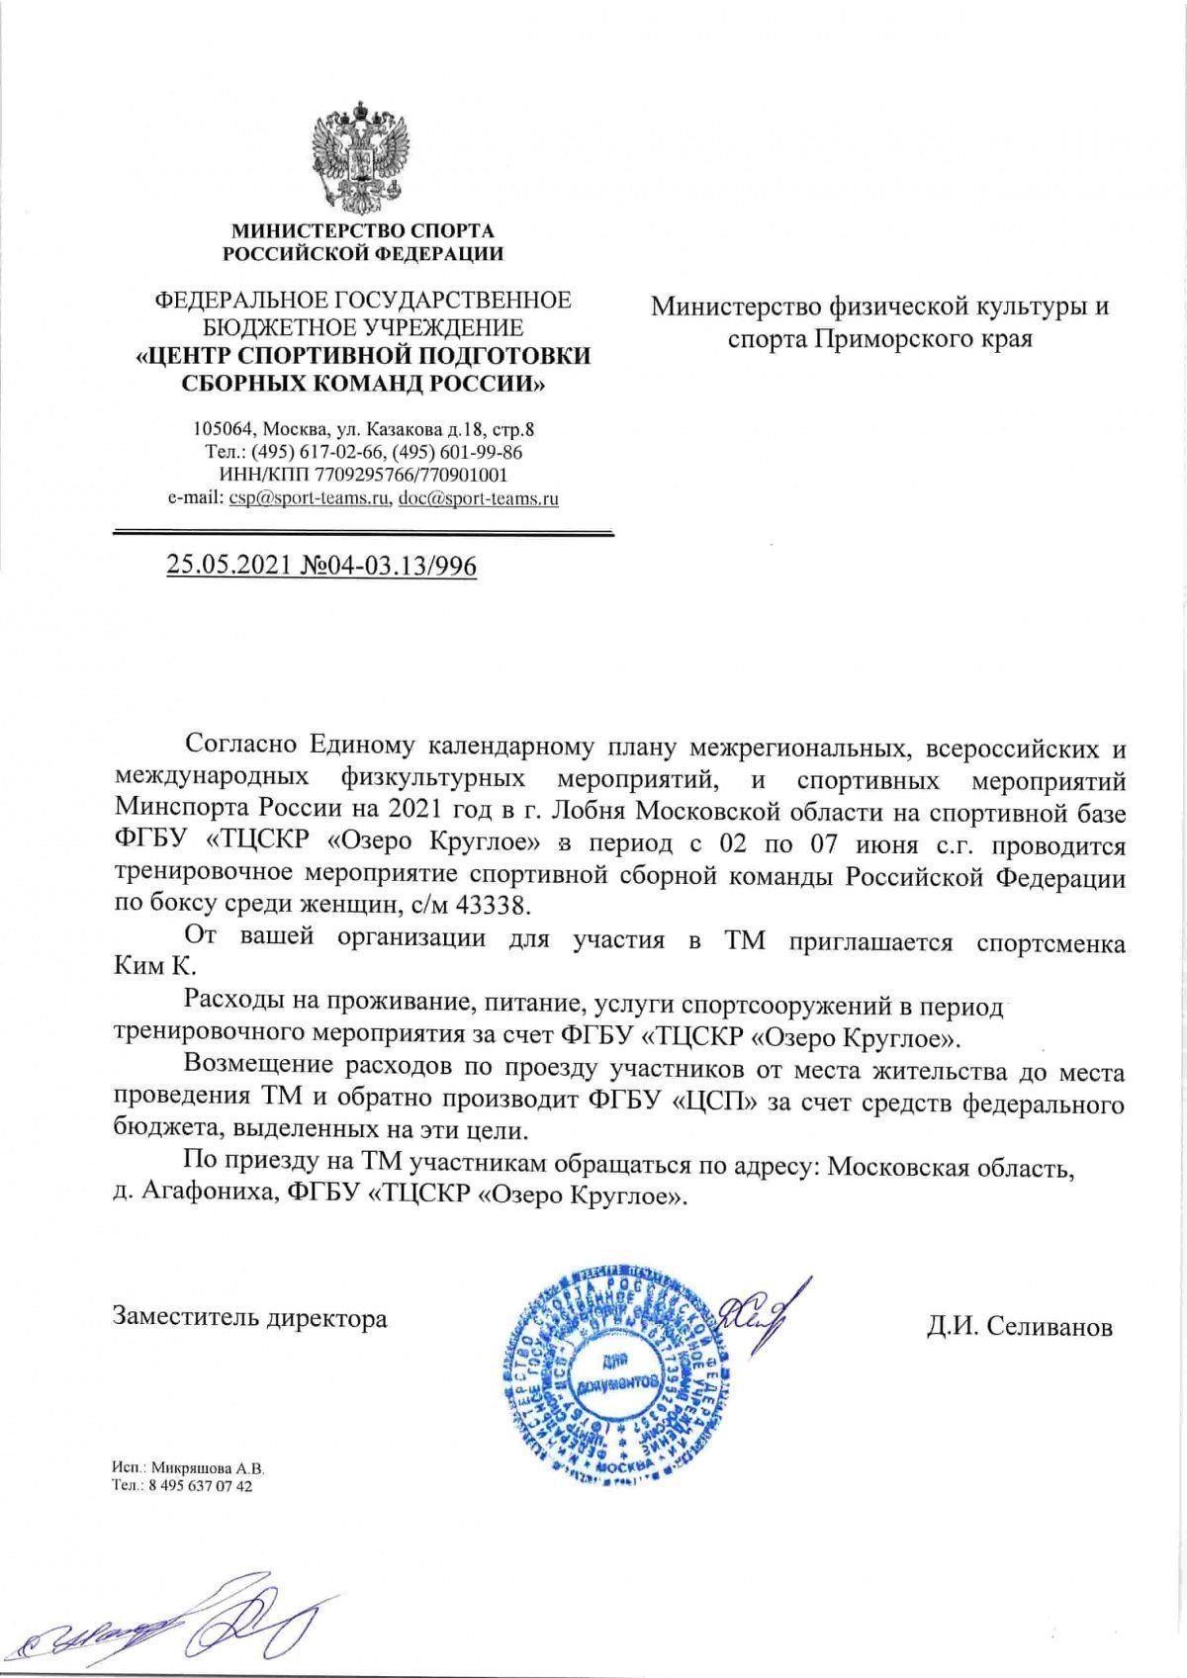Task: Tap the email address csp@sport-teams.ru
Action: [x=308, y=498]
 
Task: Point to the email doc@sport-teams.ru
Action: [x=478, y=498]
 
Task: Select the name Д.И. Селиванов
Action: [x=1019, y=1327]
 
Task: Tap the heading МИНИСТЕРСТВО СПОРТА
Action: [x=362, y=231]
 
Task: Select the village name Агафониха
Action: [x=205, y=1195]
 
